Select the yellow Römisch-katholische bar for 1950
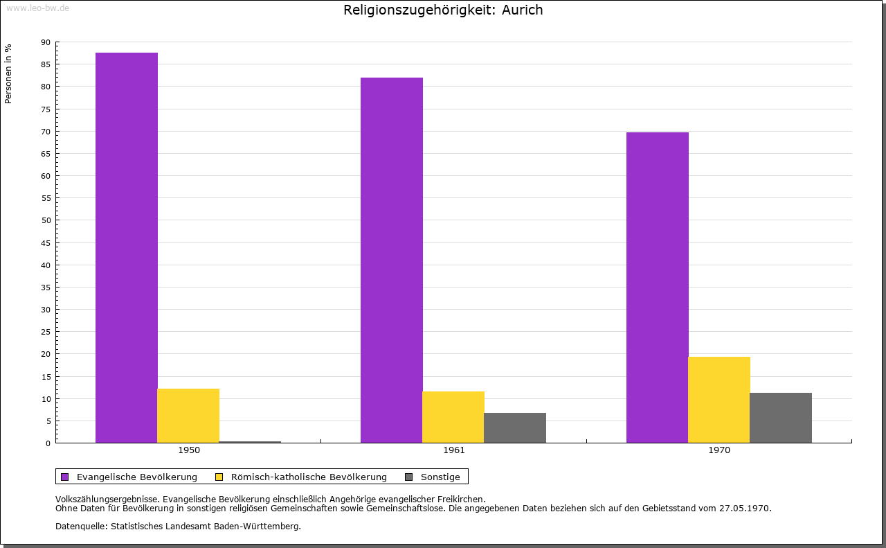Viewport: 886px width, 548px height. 188,416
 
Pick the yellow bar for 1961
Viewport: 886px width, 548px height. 453,417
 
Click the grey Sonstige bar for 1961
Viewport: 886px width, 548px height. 515,428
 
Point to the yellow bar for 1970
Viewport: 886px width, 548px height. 719,400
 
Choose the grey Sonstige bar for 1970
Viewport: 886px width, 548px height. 781,418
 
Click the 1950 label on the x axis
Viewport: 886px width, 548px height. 189,450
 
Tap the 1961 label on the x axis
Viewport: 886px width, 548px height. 454,450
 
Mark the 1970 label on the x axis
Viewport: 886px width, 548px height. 719,450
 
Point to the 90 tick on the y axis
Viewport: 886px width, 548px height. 46,42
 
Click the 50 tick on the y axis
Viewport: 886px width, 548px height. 46,220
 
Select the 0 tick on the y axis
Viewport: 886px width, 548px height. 48,443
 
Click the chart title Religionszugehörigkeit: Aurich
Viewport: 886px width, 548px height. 443,10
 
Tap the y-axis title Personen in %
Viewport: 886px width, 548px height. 8,73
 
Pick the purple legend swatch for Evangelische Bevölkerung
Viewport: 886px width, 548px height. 65,477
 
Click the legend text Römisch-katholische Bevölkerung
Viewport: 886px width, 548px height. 309,477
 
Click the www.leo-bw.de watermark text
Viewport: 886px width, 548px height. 37,8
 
